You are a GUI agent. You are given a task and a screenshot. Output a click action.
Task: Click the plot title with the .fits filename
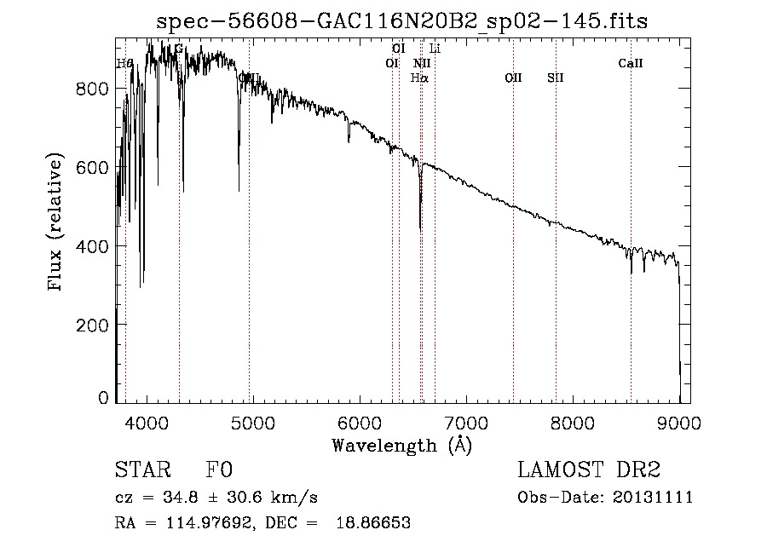(x=402, y=21)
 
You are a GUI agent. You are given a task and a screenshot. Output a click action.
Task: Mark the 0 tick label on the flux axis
(x=104, y=398)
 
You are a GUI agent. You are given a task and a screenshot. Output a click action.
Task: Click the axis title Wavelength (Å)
(x=401, y=445)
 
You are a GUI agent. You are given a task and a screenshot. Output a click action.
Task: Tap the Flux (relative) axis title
(x=56, y=224)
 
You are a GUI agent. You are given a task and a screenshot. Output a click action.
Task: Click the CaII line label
(x=631, y=63)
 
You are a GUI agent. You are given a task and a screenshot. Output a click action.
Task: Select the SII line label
(x=556, y=78)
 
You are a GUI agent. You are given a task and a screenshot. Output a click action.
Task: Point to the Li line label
(x=435, y=49)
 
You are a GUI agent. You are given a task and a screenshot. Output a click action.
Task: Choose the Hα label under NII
(x=419, y=78)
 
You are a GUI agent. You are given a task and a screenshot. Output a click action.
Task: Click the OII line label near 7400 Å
(x=513, y=78)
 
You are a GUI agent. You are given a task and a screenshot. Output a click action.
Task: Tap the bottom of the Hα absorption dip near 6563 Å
(x=420, y=228)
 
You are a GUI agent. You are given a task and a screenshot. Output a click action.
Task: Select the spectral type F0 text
(x=219, y=470)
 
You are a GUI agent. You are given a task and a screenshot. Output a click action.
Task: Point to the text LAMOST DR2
(x=589, y=470)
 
